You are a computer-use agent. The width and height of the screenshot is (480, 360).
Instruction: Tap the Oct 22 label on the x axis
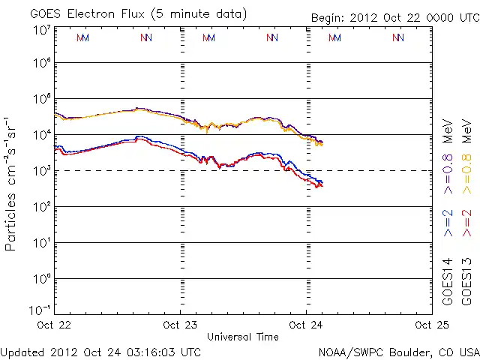click(x=55, y=325)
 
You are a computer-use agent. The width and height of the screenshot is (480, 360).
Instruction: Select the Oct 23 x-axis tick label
click(x=180, y=325)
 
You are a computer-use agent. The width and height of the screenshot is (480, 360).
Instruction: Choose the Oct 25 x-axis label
click(x=423, y=325)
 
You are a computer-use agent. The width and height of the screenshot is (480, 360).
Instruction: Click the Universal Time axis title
click(x=242, y=337)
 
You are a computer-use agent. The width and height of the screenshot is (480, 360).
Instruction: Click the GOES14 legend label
click(x=448, y=280)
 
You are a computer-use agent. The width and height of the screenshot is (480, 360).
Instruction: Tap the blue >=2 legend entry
click(x=448, y=223)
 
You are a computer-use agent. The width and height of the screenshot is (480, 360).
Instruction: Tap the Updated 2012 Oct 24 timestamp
click(x=100, y=351)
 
